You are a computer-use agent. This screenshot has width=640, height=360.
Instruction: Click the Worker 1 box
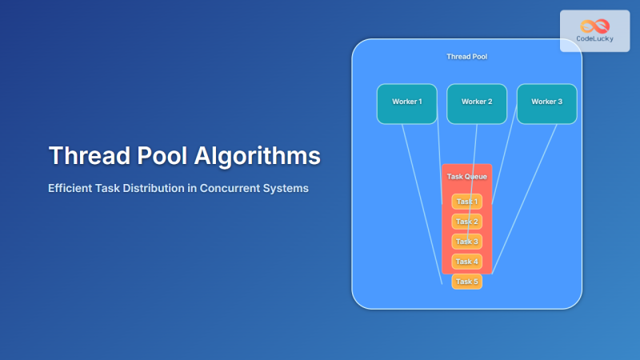click(407, 103)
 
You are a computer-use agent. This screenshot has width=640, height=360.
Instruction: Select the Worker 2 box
click(477, 103)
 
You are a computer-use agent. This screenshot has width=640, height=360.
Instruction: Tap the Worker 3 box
click(546, 103)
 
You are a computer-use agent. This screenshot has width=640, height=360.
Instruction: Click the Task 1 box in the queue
click(467, 202)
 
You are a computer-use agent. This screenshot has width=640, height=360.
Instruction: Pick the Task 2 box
click(467, 222)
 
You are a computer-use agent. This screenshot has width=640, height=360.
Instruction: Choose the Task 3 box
click(467, 242)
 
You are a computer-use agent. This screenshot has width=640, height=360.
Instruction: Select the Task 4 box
click(467, 262)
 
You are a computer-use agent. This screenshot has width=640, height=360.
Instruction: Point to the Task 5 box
click(467, 282)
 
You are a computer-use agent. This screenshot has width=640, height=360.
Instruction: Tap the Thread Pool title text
click(466, 57)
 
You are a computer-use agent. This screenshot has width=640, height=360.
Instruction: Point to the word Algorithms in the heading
click(258, 155)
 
